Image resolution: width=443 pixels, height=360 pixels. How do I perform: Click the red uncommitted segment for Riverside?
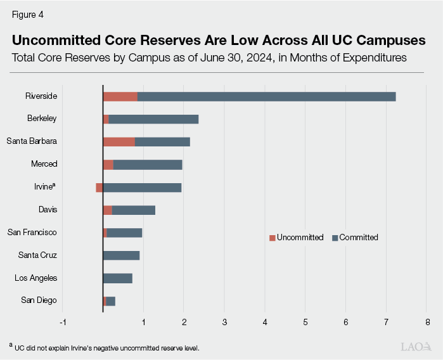tap(120, 96)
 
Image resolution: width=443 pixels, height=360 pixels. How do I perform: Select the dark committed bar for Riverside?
tap(266, 96)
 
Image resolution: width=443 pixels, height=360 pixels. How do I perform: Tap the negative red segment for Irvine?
tap(100, 187)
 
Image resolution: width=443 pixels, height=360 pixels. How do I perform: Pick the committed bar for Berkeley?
tap(153, 119)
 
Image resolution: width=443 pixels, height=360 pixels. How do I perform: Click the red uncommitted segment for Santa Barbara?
tap(119, 142)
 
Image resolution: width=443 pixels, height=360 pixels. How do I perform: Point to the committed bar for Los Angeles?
tap(118, 278)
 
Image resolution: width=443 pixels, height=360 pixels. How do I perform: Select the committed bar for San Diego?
tap(111, 301)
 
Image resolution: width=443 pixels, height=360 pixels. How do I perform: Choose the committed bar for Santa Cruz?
tap(121, 255)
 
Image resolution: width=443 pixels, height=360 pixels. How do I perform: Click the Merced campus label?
tap(44, 164)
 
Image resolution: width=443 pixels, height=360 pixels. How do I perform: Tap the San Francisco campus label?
tap(32, 233)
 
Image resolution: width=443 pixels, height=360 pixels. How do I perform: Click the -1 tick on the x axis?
tap(62, 323)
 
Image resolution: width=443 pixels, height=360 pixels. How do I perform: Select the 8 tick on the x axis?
tap(427, 323)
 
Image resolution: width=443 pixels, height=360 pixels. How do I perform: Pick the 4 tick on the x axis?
tap(265, 323)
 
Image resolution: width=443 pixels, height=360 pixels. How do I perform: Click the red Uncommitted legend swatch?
tap(273, 238)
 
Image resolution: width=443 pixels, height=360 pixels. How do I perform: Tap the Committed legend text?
tap(359, 238)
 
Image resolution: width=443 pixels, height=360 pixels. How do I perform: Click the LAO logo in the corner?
tap(417, 346)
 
